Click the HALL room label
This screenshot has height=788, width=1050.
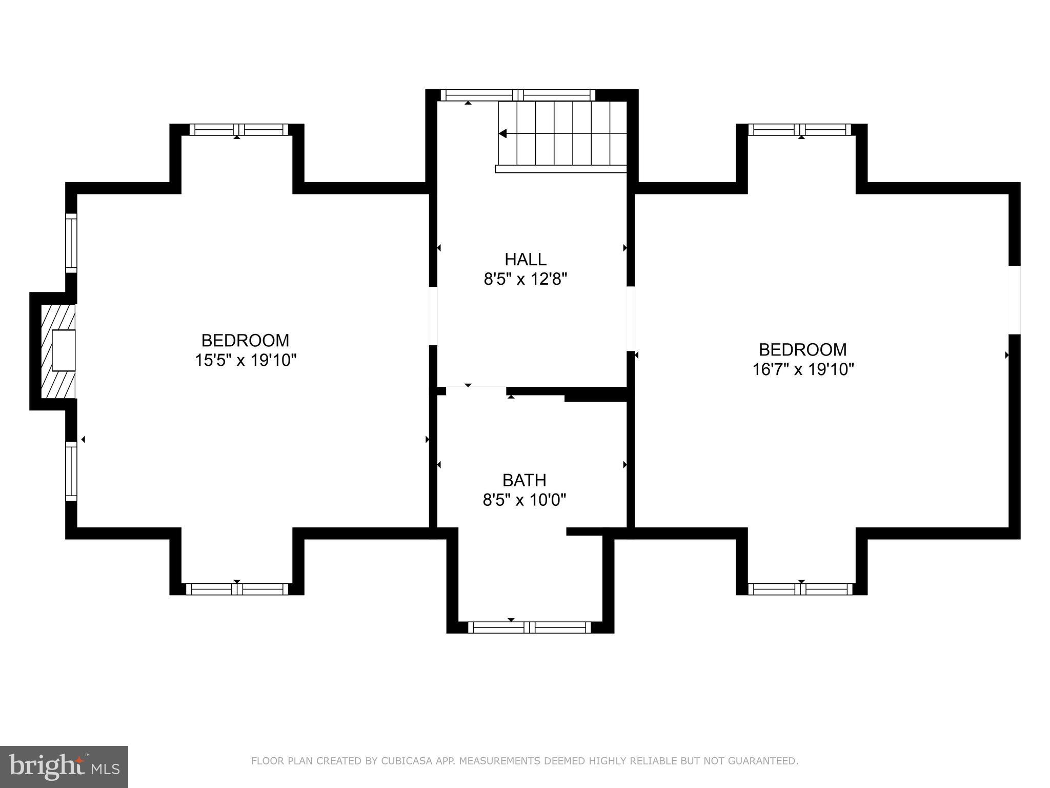(x=525, y=259)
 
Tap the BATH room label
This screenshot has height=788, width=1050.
(x=524, y=480)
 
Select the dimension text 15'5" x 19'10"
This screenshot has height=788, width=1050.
(x=246, y=360)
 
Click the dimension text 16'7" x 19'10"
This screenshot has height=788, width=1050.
(x=803, y=369)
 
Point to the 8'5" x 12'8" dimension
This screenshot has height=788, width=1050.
(x=525, y=280)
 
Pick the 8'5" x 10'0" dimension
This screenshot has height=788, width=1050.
(x=524, y=500)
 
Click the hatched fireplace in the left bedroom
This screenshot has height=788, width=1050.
(x=58, y=351)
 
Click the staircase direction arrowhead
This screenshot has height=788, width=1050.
(x=503, y=133)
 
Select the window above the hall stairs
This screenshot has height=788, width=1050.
(x=518, y=95)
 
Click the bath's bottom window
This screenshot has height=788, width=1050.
(x=529, y=627)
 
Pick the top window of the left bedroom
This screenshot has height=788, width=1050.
(x=239, y=129)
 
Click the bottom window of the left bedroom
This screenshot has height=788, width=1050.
(x=237, y=589)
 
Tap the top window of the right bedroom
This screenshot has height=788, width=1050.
(x=799, y=129)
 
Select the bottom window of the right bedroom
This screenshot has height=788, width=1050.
(x=800, y=589)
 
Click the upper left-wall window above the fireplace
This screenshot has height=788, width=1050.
(x=71, y=243)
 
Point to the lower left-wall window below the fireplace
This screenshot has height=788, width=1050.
(x=71, y=470)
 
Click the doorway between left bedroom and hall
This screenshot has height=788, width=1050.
(x=433, y=316)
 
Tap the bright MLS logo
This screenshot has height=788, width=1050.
(x=64, y=766)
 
